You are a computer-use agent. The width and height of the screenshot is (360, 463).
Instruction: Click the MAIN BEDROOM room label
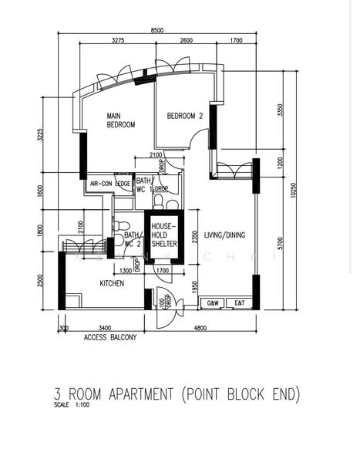click(x=121, y=120)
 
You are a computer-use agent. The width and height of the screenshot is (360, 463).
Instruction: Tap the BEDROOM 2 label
click(x=185, y=117)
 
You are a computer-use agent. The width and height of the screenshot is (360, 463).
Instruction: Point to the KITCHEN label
click(x=112, y=284)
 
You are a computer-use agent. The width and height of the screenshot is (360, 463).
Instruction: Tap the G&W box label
click(x=214, y=303)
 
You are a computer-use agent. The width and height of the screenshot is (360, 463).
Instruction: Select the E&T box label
click(x=241, y=303)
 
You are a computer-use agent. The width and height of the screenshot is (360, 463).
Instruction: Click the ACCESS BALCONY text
click(x=110, y=338)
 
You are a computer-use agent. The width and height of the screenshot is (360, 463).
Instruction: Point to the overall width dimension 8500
click(x=157, y=29)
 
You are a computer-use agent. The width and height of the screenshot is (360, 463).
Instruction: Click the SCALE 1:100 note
click(x=73, y=404)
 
